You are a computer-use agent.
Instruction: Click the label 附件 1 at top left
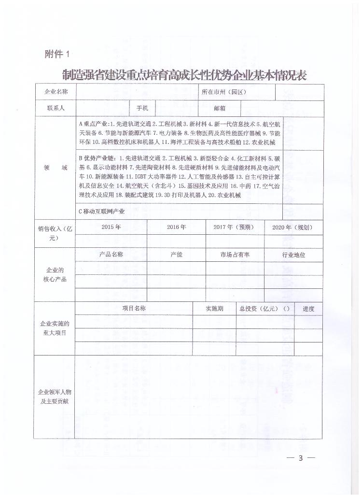57,54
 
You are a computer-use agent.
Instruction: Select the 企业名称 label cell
56,91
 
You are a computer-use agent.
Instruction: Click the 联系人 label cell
56,108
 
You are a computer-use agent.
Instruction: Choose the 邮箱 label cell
220,108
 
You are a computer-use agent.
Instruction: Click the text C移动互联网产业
102,212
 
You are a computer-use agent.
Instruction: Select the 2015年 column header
111,227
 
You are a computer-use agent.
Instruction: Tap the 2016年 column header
176,227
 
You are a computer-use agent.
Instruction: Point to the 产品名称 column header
111,255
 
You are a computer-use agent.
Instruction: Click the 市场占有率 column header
235,255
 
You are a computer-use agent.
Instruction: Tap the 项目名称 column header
134,308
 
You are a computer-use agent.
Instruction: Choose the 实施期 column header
214,308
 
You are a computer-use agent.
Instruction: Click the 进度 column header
308,308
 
